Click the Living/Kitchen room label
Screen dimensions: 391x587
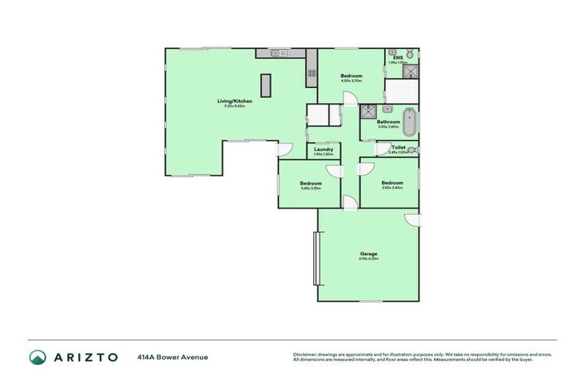tap(234, 101)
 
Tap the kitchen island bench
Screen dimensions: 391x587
tap(266, 85)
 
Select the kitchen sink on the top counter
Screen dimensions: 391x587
tap(279, 53)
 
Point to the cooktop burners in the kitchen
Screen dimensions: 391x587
tap(311, 73)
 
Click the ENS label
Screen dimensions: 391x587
tap(397, 57)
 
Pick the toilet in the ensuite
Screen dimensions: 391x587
tap(410, 53)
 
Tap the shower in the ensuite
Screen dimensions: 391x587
tap(410, 71)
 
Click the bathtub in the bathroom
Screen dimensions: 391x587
tap(410, 122)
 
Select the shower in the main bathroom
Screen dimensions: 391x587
tap(368, 111)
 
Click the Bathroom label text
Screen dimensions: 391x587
tap(388, 121)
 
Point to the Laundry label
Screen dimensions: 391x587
tap(323, 149)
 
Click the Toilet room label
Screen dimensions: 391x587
tap(398, 147)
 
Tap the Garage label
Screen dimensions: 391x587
tap(368, 254)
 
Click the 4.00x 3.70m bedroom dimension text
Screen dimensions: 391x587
tap(351, 80)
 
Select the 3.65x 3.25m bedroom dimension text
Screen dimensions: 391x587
tap(310, 188)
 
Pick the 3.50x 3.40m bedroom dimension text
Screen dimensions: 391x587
tap(392, 187)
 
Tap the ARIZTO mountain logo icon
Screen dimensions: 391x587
tap(37, 357)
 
